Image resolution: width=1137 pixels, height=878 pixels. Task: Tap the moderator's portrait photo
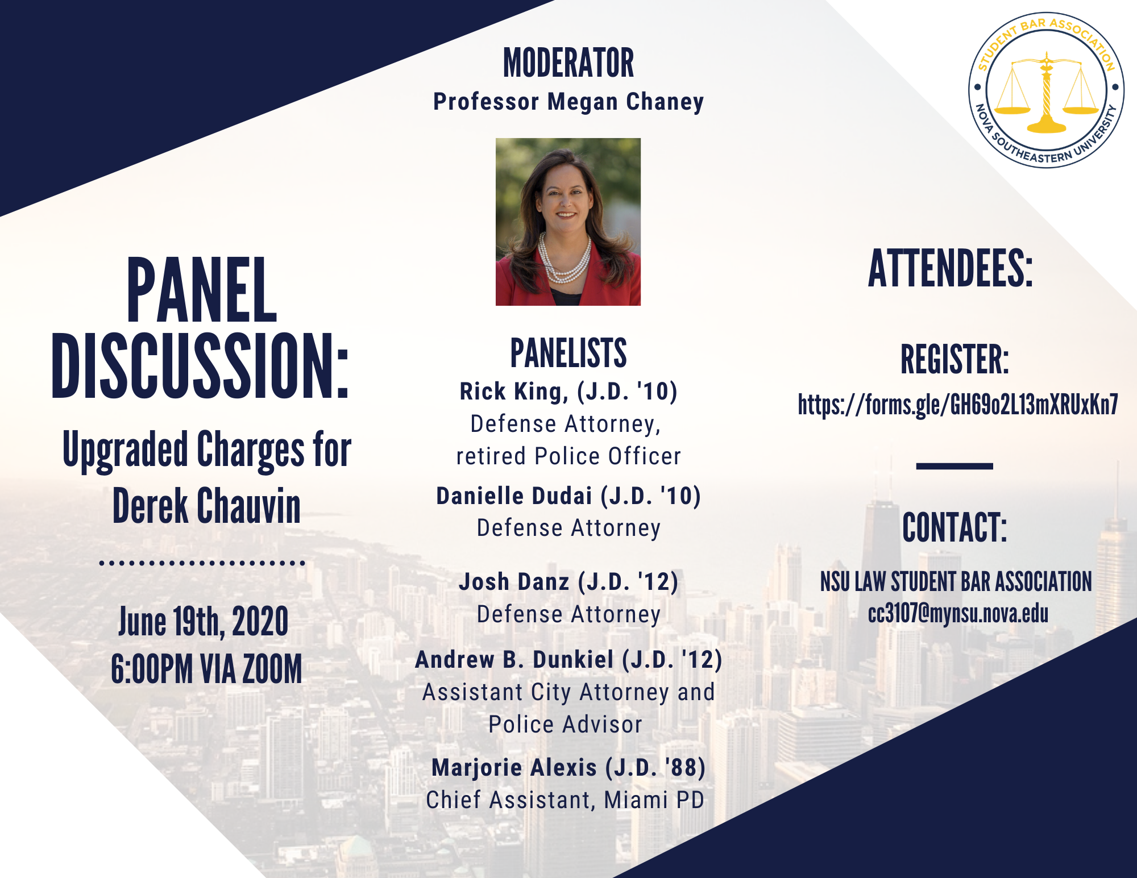click(x=568, y=222)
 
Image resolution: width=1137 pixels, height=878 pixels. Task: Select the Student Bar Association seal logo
click(x=1047, y=90)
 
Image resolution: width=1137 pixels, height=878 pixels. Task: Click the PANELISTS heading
click(x=568, y=353)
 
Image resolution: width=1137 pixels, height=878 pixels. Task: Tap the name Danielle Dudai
click(x=514, y=496)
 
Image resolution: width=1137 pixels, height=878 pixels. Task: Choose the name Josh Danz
click(x=514, y=582)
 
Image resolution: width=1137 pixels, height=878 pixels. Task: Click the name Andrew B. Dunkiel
click(x=514, y=660)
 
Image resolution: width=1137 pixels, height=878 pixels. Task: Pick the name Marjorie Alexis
click(x=514, y=767)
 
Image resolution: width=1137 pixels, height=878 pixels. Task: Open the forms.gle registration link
click(x=958, y=405)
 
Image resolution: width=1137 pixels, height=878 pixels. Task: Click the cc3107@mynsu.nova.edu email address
click(x=958, y=614)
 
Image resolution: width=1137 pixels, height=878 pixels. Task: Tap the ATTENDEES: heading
click(x=950, y=269)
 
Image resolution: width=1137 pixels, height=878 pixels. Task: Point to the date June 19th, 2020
click(x=203, y=621)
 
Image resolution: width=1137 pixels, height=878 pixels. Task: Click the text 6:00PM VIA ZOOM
click(x=206, y=668)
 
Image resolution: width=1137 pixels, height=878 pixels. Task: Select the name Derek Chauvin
click(x=206, y=505)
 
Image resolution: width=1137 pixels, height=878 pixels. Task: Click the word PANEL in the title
click(x=202, y=290)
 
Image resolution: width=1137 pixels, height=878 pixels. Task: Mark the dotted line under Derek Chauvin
click(x=202, y=563)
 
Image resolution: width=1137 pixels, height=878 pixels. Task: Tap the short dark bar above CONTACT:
click(x=955, y=466)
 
